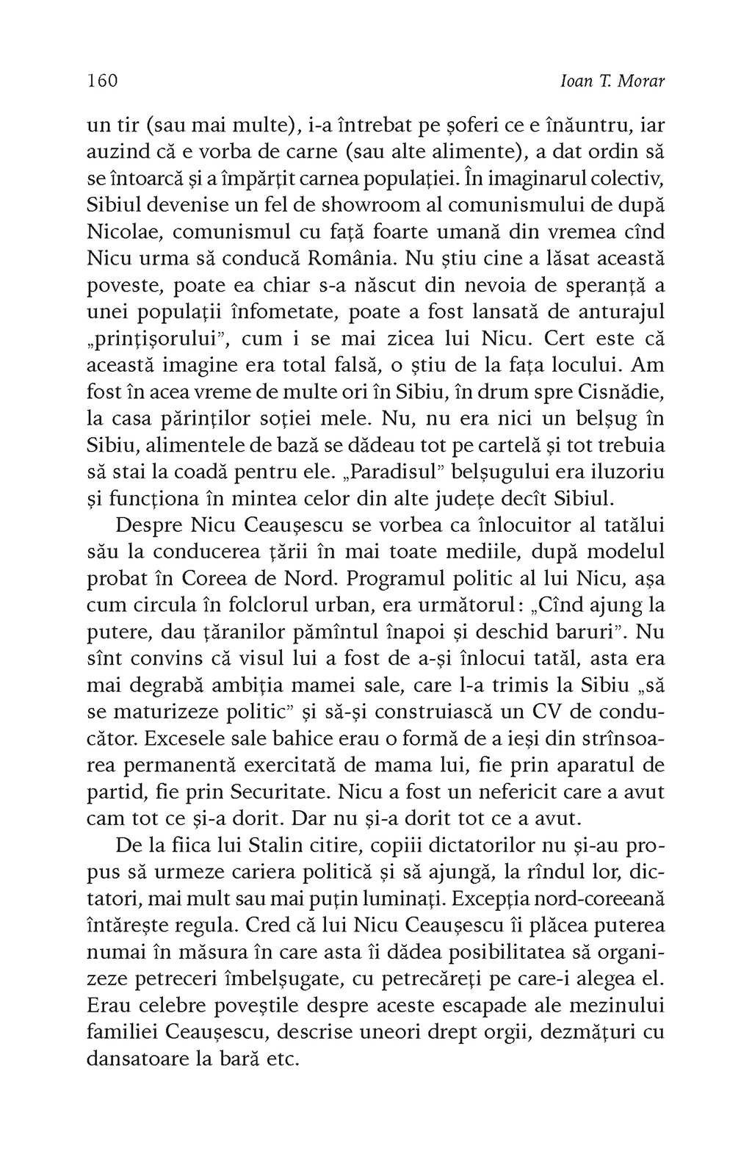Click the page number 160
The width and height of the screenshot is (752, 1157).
102,81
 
